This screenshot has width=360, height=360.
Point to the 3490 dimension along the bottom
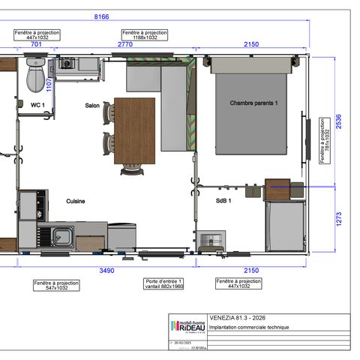coord(107,270)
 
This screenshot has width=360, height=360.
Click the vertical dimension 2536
coord(338,122)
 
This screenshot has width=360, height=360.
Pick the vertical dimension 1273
coord(338,219)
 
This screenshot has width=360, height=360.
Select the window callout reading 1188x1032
coord(145,35)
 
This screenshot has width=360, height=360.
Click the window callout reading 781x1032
coord(323,139)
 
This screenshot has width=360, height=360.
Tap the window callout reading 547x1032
coord(57,285)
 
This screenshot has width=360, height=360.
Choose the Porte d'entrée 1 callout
coord(163,283)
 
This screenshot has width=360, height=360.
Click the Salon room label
coord(91,106)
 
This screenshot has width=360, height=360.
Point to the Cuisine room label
coord(75,201)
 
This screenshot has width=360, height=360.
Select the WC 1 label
coord(37,104)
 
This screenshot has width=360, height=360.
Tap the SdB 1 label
coord(223,201)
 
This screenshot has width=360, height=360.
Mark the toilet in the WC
coord(34,76)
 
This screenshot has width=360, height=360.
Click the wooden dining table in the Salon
coord(134,130)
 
